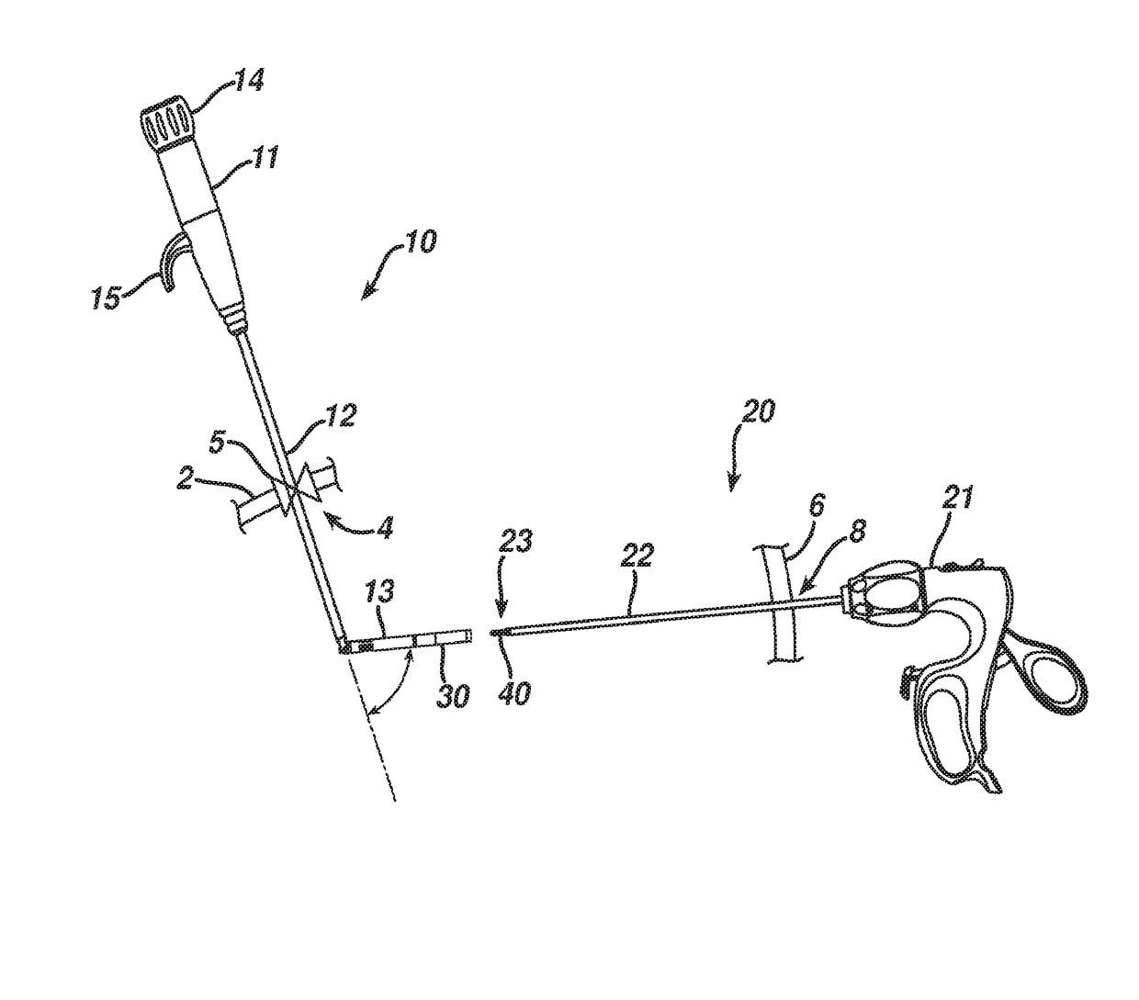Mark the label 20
(x=759, y=410)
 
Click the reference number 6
(x=816, y=503)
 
